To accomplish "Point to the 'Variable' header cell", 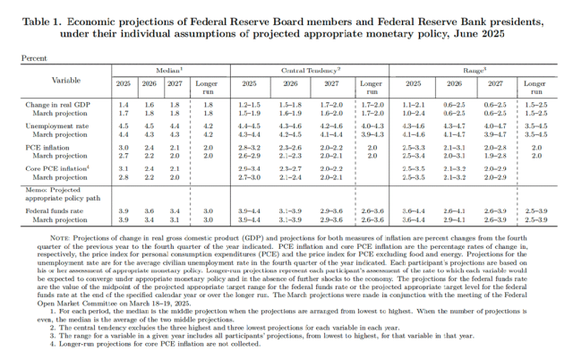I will pyautogui.click(x=61, y=78).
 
